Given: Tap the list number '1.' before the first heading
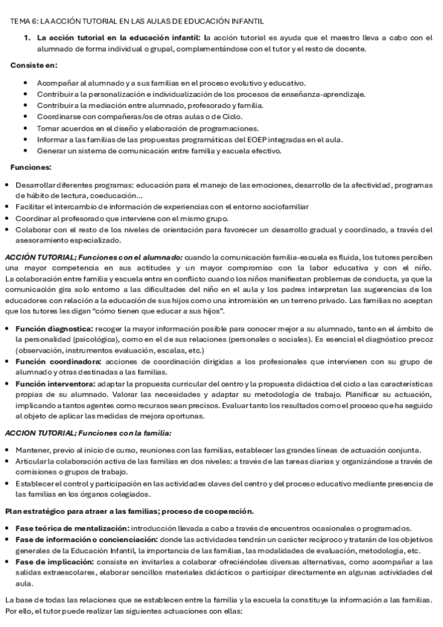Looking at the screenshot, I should click(x=28, y=38).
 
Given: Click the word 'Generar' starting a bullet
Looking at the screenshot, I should click(x=52, y=151).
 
